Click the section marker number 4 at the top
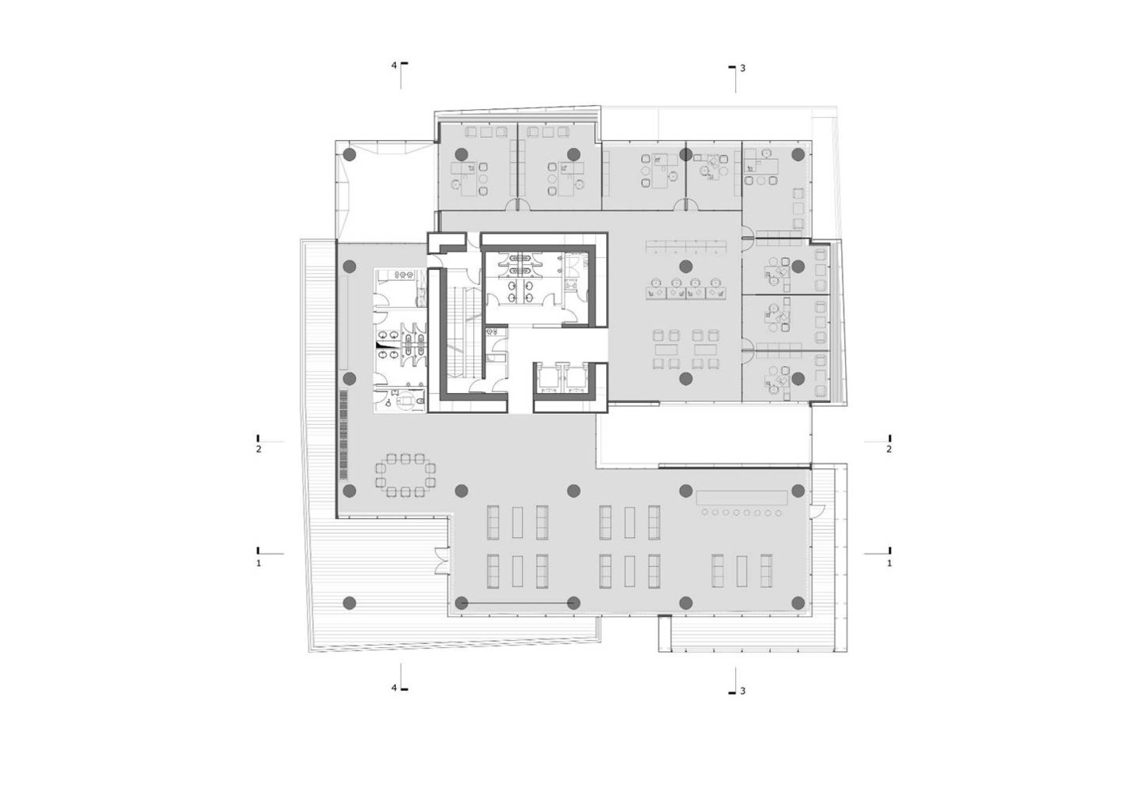pyautogui.click(x=394, y=65)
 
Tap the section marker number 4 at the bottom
pyautogui.click(x=394, y=688)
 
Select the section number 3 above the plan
pyautogui.click(x=743, y=68)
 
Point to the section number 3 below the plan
pyautogui.click(x=743, y=691)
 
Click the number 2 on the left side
pyautogui.click(x=259, y=450)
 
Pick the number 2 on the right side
pyautogui.click(x=890, y=450)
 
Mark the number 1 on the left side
pyautogui.click(x=259, y=563)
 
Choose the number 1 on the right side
pyautogui.click(x=890, y=563)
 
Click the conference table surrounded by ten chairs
pyautogui.click(x=405, y=475)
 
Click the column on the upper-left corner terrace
pyautogui.click(x=350, y=154)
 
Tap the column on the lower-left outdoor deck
pyautogui.click(x=350, y=603)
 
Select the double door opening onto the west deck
pyautogui.click(x=442, y=561)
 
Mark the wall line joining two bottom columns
pyautogui.click(x=517, y=604)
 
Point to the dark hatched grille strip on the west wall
pyautogui.click(x=342, y=435)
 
